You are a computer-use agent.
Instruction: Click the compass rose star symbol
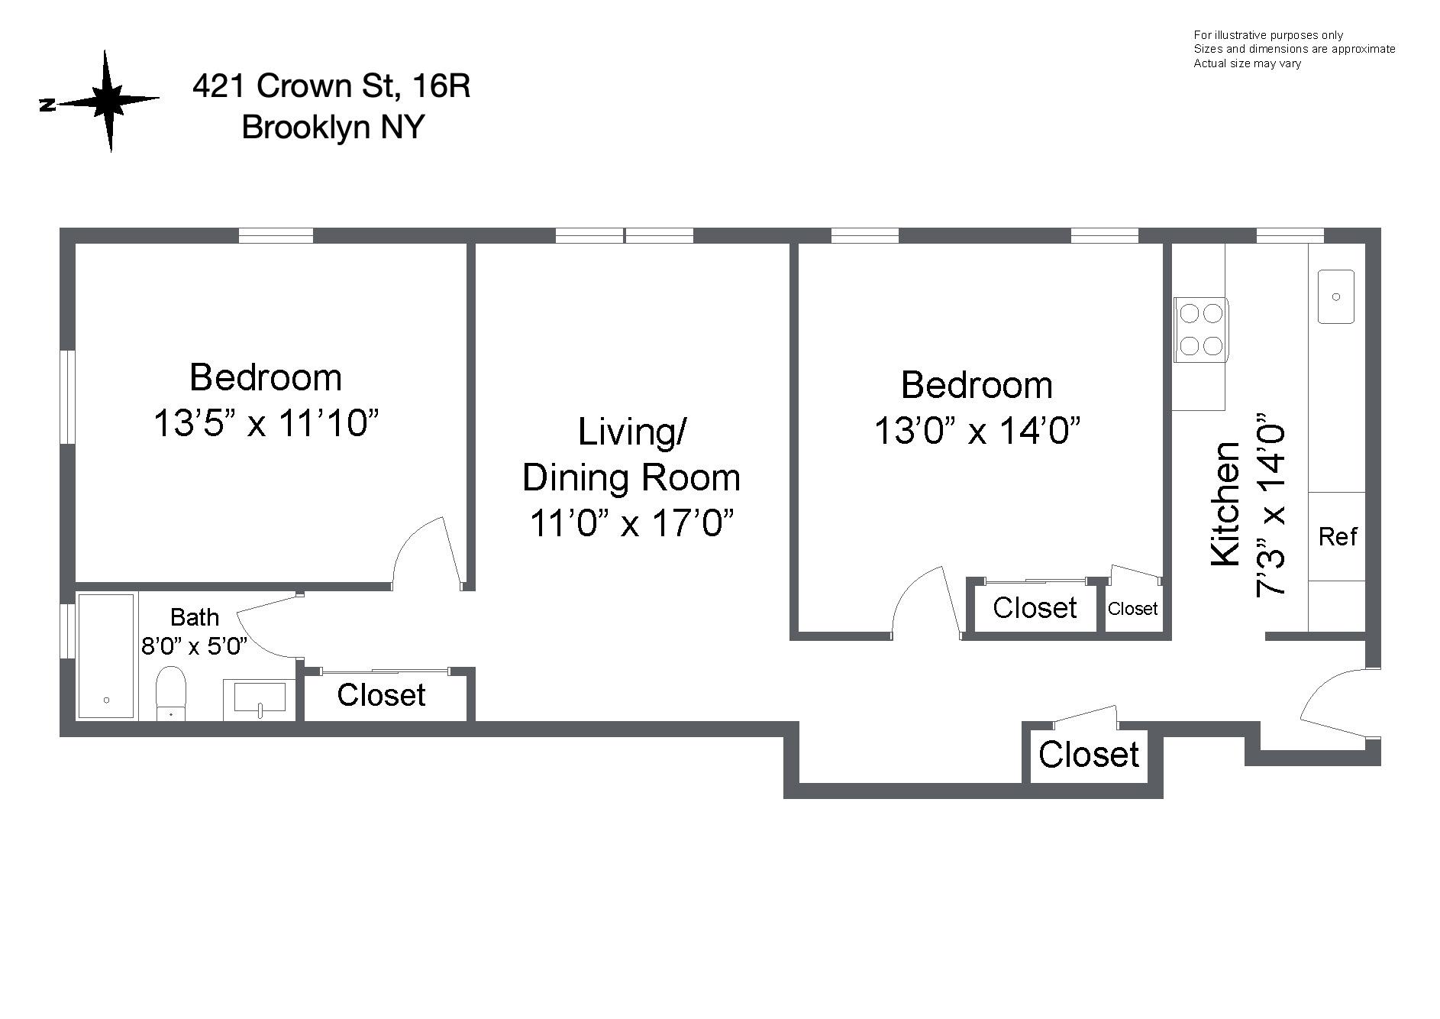click(108, 101)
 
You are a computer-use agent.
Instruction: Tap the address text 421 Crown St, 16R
click(331, 86)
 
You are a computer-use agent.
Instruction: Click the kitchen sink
click(1335, 296)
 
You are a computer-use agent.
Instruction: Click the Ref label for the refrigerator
click(1337, 536)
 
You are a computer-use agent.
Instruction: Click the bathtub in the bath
click(107, 656)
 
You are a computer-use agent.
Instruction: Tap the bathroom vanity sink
click(260, 698)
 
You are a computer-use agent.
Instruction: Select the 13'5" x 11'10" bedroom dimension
click(266, 422)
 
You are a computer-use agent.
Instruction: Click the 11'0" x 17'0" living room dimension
click(631, 523)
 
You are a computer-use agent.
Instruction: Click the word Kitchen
click(1225, 504)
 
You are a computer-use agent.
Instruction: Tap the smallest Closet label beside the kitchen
click(1132, 609)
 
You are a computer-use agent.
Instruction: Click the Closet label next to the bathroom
click(381, 695)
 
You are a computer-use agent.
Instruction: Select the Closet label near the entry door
click(1088, 755)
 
